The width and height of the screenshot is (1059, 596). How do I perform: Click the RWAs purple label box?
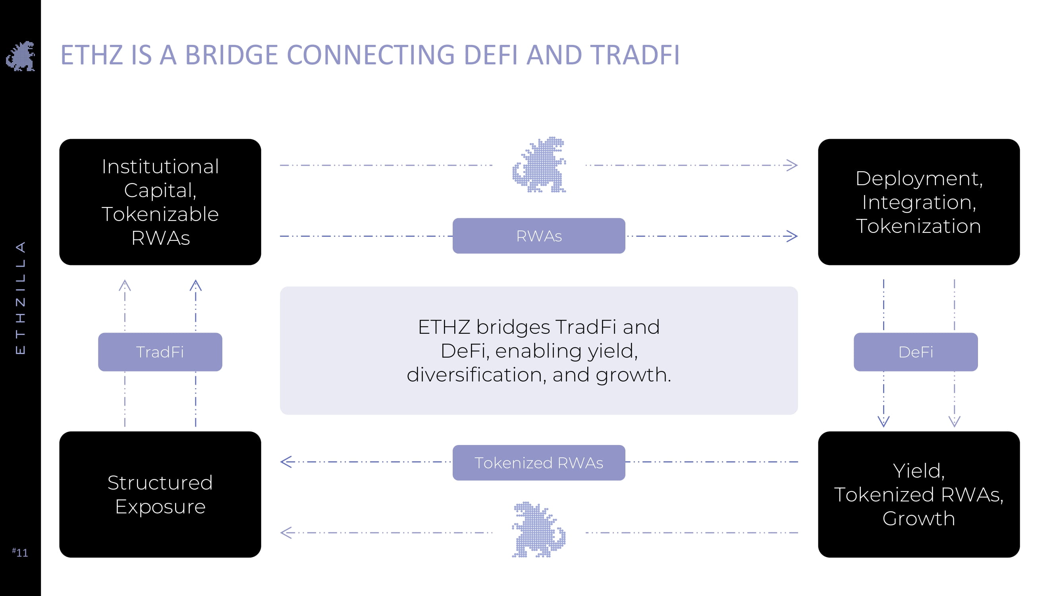538,236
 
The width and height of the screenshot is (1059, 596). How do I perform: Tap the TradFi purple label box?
160,352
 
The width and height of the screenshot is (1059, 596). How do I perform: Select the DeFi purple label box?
916,352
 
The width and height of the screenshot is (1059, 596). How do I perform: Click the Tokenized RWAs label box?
538,463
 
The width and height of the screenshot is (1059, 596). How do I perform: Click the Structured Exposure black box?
160,494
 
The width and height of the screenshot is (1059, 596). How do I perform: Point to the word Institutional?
160,166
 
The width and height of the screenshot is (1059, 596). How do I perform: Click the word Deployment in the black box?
919,178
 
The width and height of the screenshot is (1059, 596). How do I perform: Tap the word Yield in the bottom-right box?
918,471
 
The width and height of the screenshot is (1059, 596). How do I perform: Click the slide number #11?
20,552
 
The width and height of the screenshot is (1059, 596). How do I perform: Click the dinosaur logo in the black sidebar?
21,56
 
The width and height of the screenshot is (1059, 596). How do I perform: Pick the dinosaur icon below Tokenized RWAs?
538,530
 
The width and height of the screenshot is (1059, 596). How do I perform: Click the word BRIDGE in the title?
231,55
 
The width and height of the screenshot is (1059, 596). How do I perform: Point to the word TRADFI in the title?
635,55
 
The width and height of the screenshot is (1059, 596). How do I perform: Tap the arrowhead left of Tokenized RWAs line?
286,462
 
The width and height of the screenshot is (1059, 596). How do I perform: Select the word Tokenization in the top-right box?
918,226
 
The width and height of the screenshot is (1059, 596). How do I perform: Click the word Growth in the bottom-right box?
918,519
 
